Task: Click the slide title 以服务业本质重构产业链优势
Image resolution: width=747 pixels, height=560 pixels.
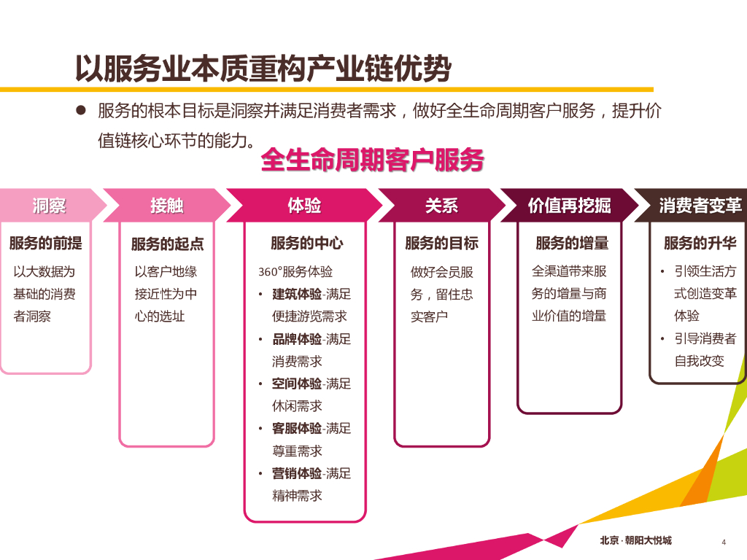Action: pos(263,69)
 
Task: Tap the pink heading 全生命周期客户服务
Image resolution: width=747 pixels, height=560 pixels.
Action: pos(372,160)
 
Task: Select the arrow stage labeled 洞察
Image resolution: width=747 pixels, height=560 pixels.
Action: pos(49,206)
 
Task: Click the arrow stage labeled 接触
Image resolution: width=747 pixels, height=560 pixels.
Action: pos(167,206)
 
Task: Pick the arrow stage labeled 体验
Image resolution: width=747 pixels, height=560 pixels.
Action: pos(304,206)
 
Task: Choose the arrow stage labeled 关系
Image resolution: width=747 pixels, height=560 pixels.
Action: pos(441,206)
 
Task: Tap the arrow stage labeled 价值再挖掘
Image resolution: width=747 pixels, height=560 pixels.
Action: pos(569,206)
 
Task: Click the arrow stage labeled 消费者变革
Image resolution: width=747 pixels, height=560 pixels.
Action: pos(700,206)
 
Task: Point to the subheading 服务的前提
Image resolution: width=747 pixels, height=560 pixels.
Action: pos(45,243)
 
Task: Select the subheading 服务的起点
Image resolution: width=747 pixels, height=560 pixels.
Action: pos(167,244)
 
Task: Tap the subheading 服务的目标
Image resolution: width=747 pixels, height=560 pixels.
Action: pos(441,243)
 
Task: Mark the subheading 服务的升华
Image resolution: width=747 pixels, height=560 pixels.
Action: pos(700,243)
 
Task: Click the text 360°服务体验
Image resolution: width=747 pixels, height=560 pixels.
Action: pos(295,272)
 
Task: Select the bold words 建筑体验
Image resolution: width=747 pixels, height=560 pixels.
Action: pos(297,295)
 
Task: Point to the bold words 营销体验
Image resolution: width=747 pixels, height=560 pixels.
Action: pos(297,474)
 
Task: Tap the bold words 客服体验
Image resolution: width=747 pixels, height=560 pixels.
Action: pos(297,429)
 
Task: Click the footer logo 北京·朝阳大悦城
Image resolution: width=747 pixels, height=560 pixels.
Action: pos(635,540)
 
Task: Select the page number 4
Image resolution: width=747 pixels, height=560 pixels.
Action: pos(723,541)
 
